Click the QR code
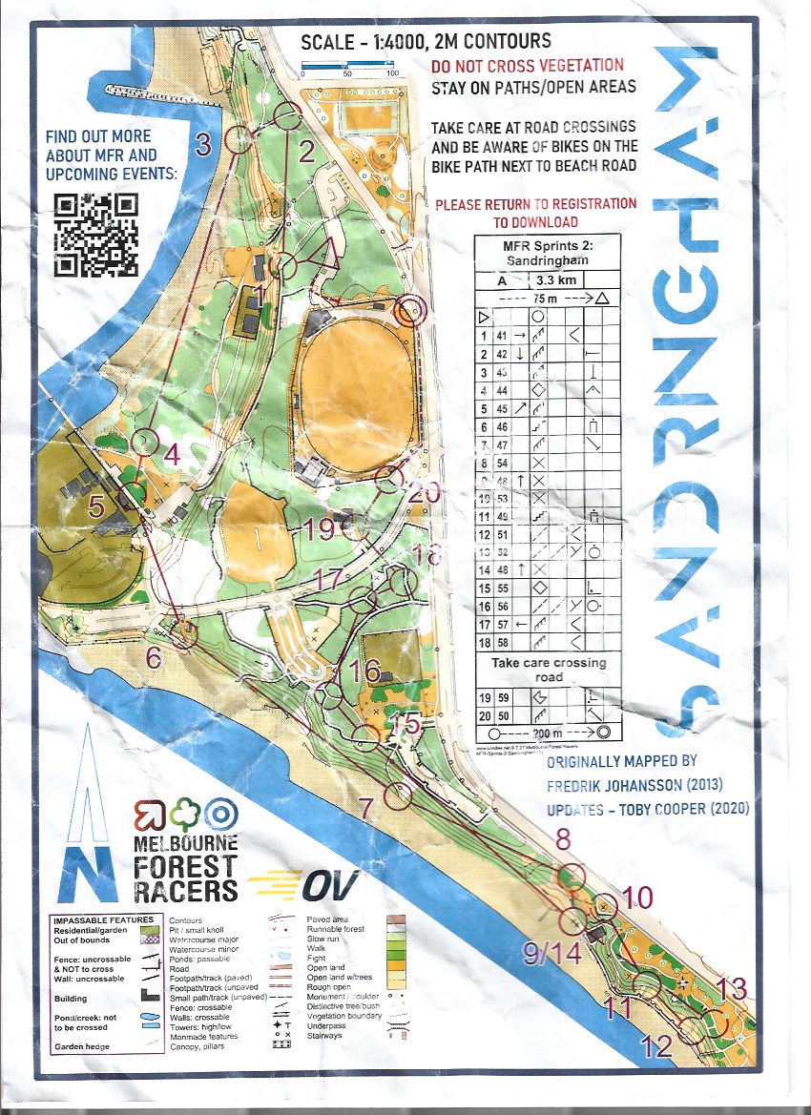[x=95, y=234]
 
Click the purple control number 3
[x=202, y=146]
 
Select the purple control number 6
[x=154, y=658]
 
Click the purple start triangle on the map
[x=323, y=257]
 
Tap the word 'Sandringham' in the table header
[x=546, y=258]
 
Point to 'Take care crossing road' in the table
[x=548, y=670]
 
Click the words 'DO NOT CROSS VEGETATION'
[x=527, y=67]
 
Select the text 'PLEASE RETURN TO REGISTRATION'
[x=535, y=204]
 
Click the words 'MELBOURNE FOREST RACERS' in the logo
[x=185, y=867]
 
